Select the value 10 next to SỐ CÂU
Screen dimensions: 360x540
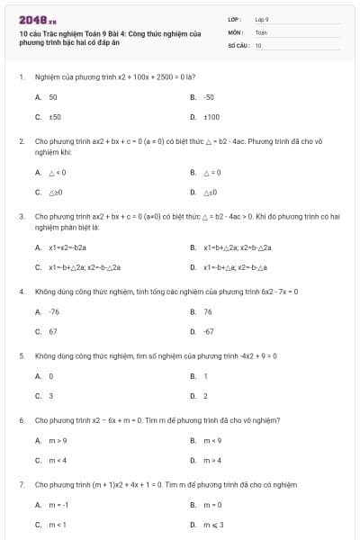pos(258,44)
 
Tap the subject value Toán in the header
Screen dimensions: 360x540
pos(261,31)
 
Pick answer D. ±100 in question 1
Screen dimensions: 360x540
pos(211,116)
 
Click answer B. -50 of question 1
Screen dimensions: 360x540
pos(208,96)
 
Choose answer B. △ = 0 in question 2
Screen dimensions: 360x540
pos(211,172)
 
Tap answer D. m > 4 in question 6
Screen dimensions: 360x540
pos(211,460)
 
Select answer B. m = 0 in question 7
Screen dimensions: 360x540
pos(211,505)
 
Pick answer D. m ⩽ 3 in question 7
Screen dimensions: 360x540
pos(211,525)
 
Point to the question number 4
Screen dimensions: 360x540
pos(21,291)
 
